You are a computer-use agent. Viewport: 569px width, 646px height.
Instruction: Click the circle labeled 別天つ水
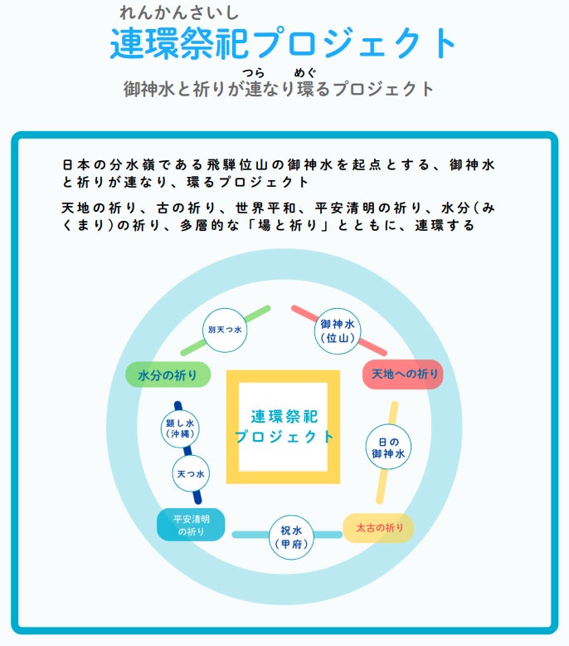225,330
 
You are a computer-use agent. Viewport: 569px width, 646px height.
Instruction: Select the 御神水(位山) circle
338,330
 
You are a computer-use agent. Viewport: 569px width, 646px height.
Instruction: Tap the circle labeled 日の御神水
388,448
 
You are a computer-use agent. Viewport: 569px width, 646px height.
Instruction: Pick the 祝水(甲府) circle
292,537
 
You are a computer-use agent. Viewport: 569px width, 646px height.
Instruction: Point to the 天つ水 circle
190,473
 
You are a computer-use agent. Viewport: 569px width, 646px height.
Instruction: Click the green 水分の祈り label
168,374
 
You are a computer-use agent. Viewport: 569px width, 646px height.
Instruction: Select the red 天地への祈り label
404,374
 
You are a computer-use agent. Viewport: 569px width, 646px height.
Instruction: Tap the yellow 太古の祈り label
379,527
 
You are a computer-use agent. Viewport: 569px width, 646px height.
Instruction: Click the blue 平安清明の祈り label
191,525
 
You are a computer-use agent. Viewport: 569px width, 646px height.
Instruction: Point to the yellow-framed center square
284,426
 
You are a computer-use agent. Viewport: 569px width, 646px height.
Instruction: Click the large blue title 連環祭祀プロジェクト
284,43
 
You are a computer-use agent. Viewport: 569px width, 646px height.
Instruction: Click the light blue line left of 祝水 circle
250,535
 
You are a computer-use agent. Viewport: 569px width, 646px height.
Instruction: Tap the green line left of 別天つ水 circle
193,346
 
